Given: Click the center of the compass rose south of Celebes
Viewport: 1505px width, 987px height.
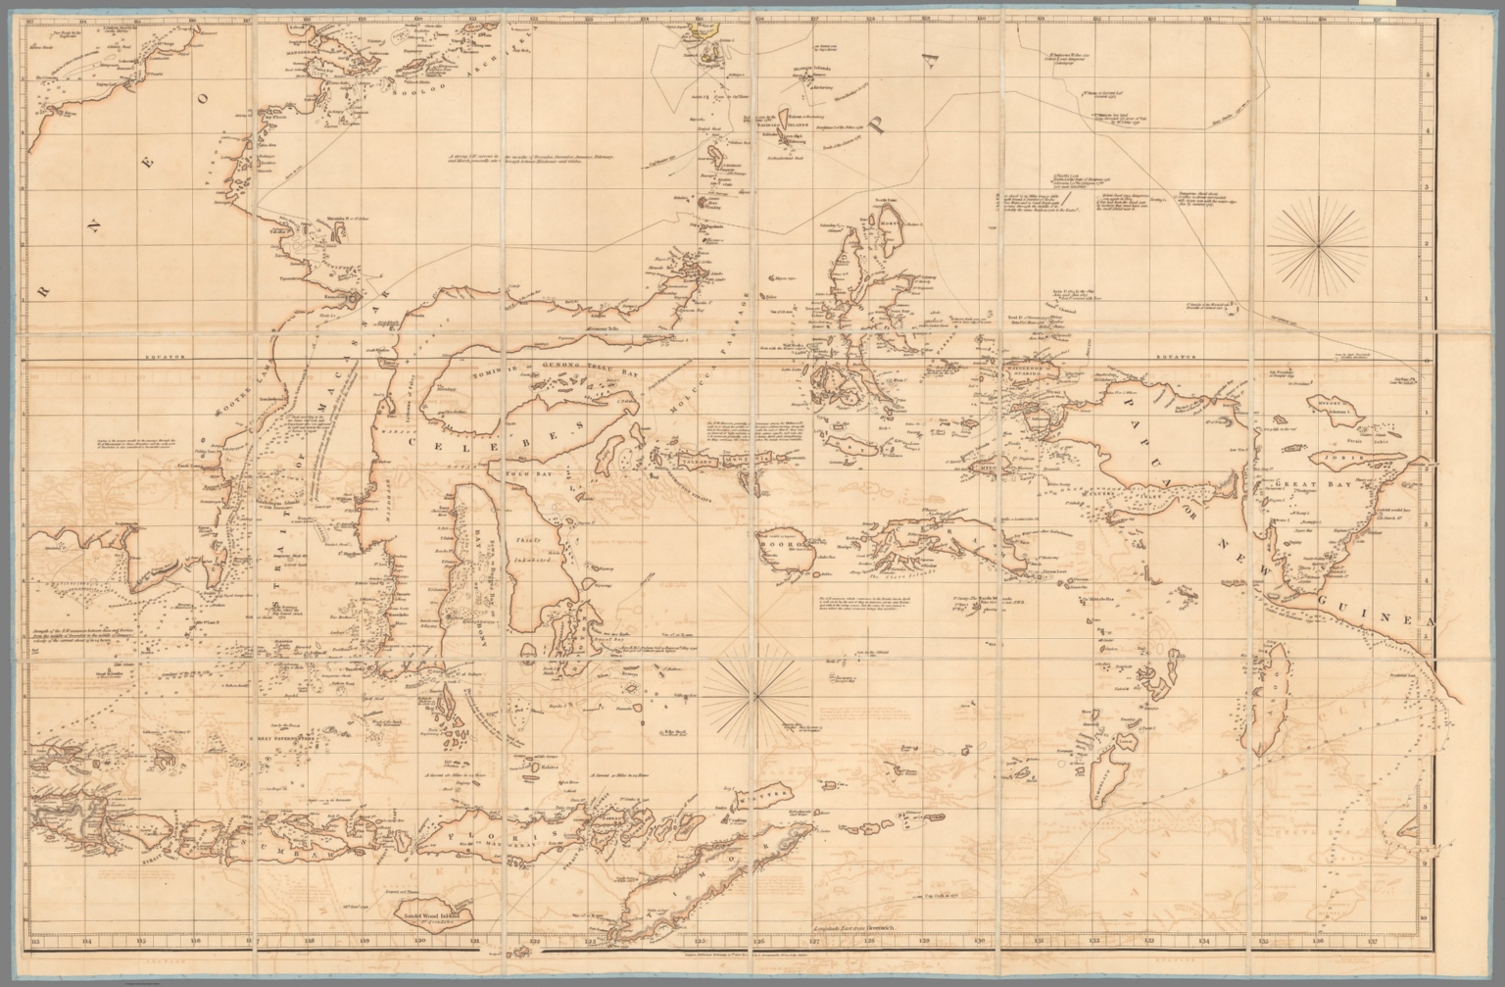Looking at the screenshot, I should [755, 693].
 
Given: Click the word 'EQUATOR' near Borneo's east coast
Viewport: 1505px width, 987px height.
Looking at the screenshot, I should [162, 359].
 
